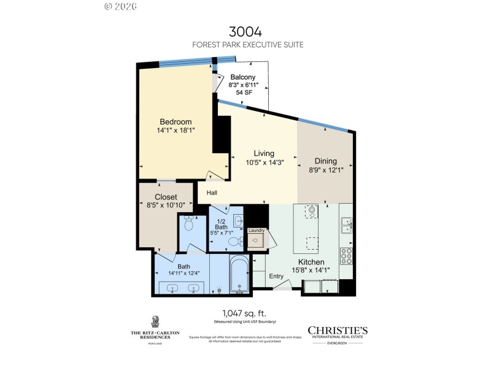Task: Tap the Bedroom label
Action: point(176,121)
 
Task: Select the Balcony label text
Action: point(242,77)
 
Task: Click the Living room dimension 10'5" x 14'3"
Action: point(264,163)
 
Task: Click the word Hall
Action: point(212,193)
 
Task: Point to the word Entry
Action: point(276,276)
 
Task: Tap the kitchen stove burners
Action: point(346,255)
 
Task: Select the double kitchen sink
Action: point(346,226)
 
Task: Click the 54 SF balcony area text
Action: point(244,93)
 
